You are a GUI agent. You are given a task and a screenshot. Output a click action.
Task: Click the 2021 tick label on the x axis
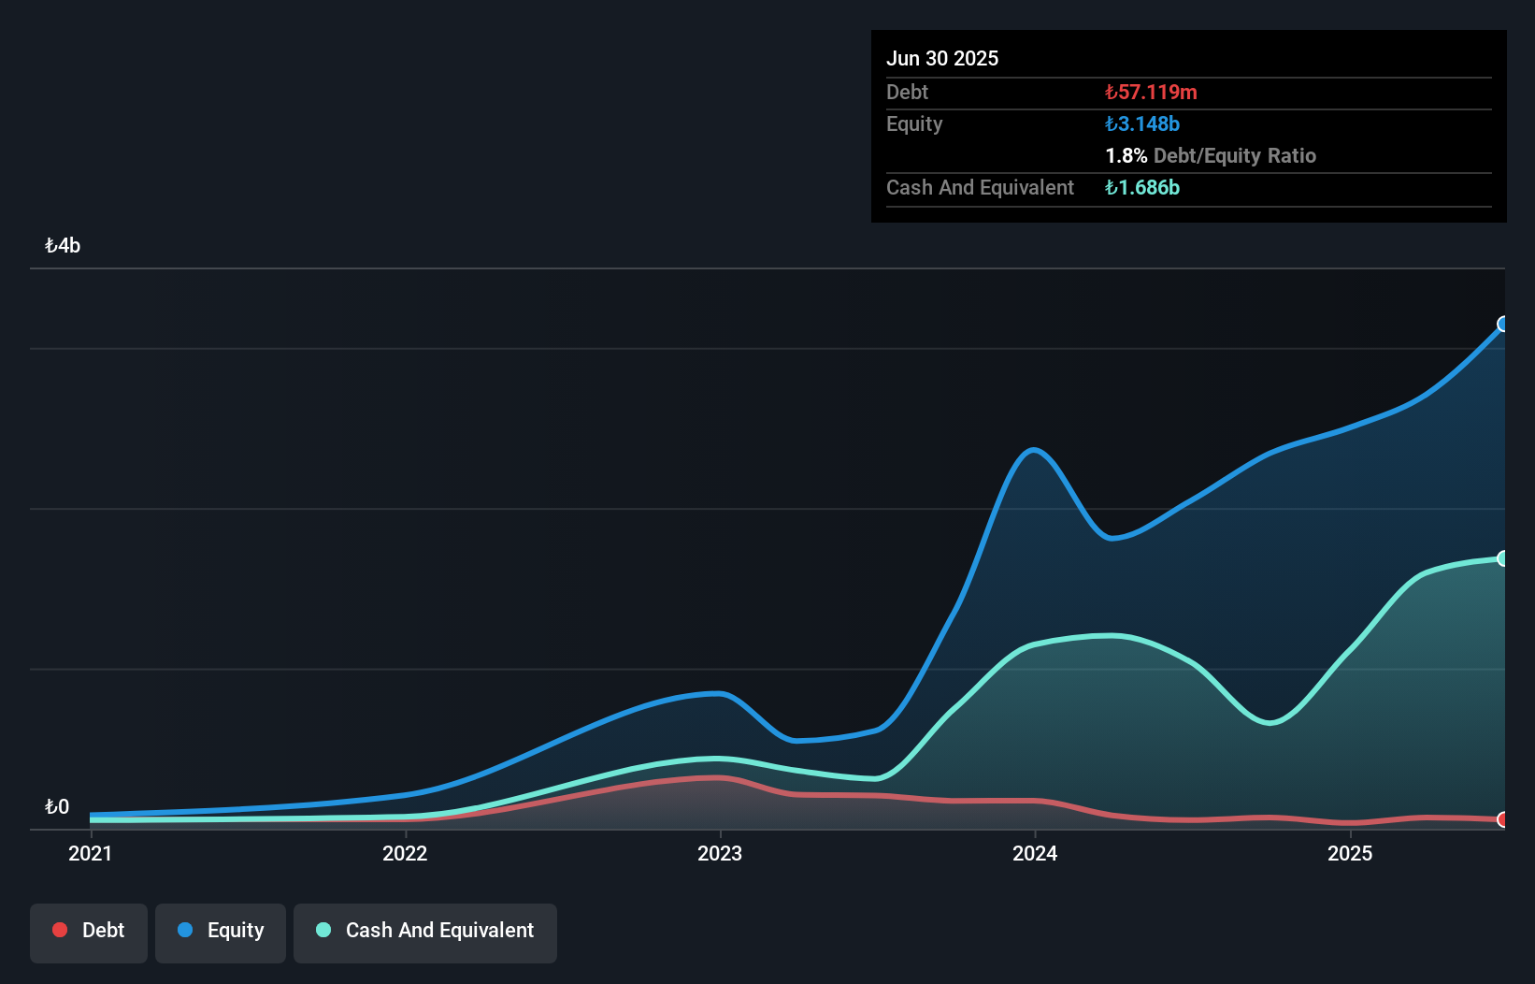pos(90,853)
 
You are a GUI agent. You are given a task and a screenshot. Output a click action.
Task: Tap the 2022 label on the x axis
pos(405,853)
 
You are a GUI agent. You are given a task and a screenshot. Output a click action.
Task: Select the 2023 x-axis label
pos(720,853)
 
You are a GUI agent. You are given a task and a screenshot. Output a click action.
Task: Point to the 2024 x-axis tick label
pos(1035,853)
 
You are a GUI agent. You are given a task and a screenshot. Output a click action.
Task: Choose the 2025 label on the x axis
pos(1350,853)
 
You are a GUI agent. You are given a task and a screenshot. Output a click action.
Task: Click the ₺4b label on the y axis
pos(63,246)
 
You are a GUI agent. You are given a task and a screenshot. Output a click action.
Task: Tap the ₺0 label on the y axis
pos(57,806)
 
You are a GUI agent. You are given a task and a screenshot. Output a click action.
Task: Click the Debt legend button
pos(89,931)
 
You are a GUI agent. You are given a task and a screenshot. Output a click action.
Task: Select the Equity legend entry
pos(221,931)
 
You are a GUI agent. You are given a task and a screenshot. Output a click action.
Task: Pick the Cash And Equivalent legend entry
pos(425,931)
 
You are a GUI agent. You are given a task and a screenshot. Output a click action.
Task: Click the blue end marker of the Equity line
pos(1503,324)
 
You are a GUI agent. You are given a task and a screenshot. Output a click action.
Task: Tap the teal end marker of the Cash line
pos(1503,558)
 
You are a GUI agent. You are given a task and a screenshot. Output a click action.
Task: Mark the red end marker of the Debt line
pos(1503,819)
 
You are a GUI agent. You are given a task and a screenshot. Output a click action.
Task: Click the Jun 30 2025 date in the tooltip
pos(942,58)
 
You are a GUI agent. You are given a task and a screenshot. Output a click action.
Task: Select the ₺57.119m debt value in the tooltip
pos(1151,92)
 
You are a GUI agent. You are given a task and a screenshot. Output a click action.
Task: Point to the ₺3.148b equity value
pos(1142,123)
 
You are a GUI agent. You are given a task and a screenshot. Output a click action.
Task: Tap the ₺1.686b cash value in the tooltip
pos(1142,187)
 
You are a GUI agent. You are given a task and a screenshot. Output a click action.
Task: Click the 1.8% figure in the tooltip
pos(1126,155)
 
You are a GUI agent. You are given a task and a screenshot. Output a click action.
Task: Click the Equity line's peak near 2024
pos(1033,450)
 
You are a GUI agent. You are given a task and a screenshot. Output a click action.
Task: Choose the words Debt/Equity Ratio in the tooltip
pos(1235,155)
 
